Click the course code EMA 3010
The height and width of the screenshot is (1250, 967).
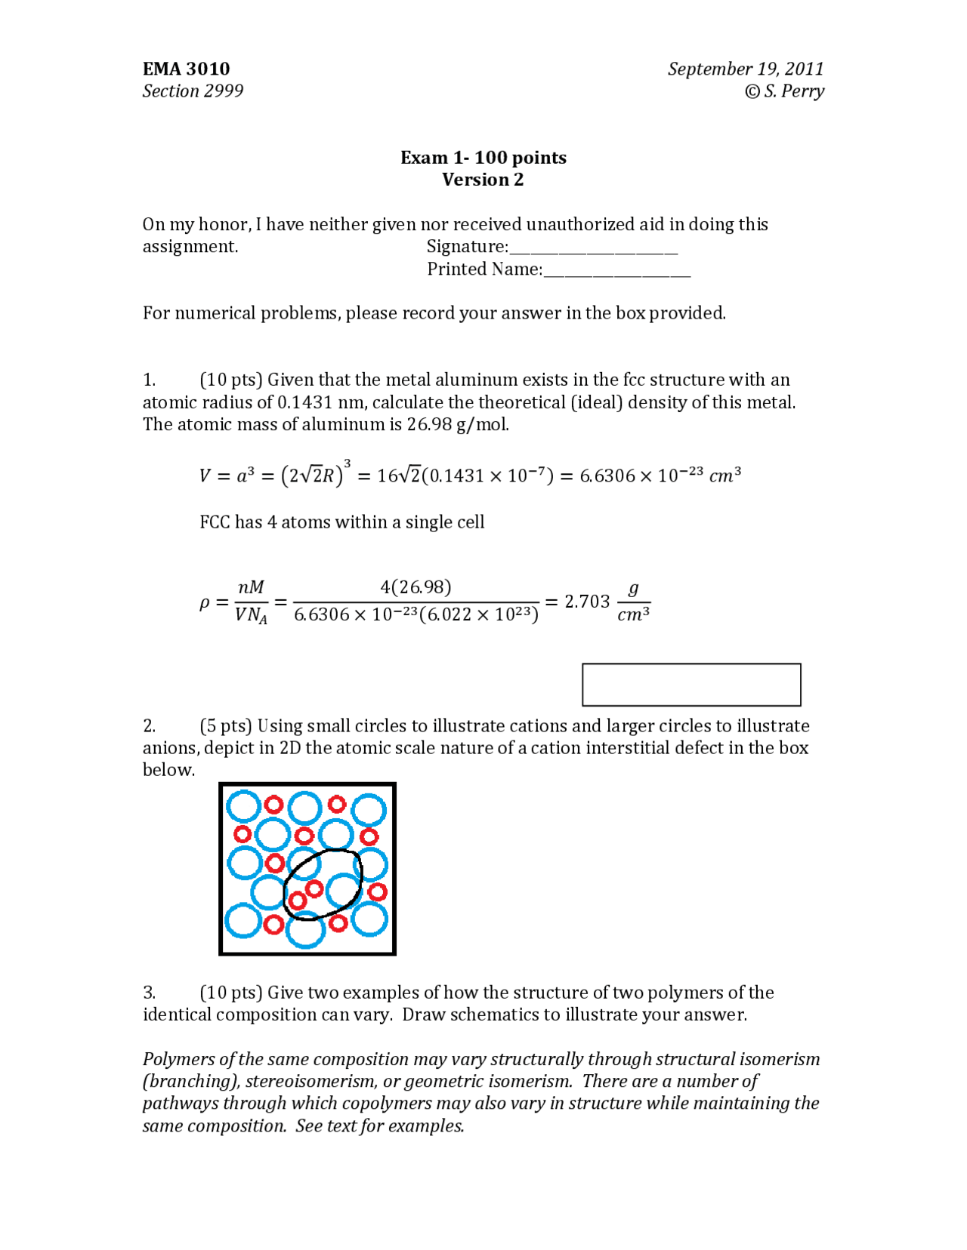186,69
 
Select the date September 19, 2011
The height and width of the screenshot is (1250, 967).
745,69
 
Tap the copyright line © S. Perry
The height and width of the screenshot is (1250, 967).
784,91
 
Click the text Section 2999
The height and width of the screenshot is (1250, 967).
193,91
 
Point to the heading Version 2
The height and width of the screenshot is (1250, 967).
483,180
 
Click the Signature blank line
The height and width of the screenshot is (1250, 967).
593,251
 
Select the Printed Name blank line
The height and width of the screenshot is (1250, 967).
616,273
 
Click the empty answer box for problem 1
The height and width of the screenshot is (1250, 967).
691,685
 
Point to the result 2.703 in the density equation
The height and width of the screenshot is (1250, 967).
587,602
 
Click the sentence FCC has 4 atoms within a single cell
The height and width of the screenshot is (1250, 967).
341,522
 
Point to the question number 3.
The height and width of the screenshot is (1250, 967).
150,992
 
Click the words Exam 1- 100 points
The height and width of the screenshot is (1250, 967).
483,158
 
